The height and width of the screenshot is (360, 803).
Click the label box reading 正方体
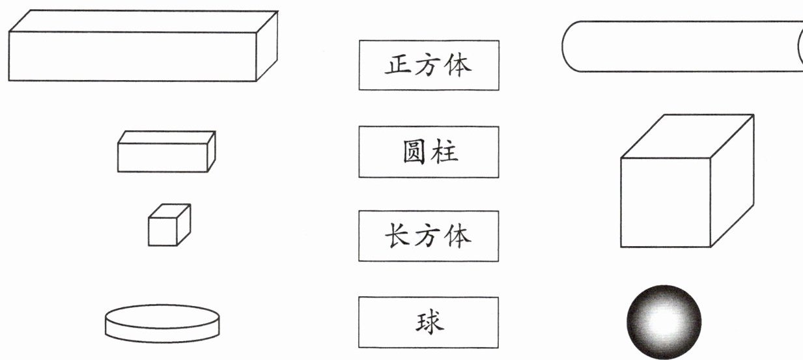(429, 65)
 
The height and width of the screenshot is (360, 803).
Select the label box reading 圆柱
(429, 152)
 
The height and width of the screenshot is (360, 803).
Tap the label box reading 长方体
(429, 236)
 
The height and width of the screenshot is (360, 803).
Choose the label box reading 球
(429, 322)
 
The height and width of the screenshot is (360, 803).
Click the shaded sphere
(664, 321)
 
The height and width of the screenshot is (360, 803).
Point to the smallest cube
(169, 225)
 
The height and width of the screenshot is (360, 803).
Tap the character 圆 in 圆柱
(414, 152)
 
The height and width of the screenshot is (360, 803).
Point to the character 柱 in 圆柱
(445, 152)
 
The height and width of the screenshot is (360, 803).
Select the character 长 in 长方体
(397, 236)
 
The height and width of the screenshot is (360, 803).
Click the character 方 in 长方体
(428, 236)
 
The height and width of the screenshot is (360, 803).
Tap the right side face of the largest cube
(731, 180)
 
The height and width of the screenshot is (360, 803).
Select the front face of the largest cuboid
(132, 56)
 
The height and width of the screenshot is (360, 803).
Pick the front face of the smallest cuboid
(162, 156)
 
